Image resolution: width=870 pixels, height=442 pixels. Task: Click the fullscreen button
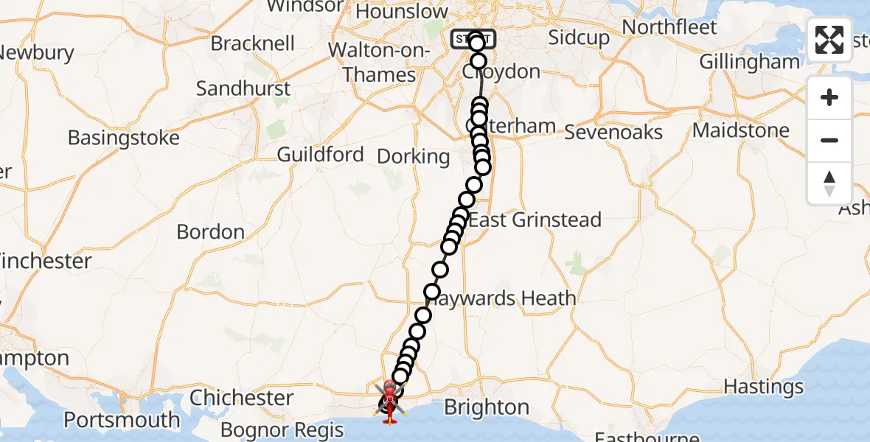point(829,40)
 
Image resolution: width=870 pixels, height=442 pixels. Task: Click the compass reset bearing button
point(829,183)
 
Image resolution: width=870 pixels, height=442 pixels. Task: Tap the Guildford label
point(320,155)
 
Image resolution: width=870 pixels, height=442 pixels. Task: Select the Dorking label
point(413,156)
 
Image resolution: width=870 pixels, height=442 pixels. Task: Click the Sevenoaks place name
point(613,133)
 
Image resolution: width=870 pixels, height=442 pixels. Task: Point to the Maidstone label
point(741,131)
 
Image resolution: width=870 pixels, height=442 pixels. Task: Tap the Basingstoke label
point(123,138)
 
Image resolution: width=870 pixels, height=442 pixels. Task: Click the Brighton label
point(487,407)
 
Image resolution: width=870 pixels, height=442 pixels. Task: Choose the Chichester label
point(242,398)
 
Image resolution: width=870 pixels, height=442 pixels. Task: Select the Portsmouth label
point(122,421)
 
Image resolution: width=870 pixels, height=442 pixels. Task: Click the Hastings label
point(764,387)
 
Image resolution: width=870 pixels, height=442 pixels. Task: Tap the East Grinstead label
point(535,220)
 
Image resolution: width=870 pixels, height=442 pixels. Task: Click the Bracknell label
point(253,43)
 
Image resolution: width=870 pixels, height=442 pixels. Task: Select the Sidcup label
point(579,38)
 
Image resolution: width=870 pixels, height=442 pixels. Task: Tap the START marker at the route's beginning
point(473,38)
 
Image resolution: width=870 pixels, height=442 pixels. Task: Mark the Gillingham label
point(749,62)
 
